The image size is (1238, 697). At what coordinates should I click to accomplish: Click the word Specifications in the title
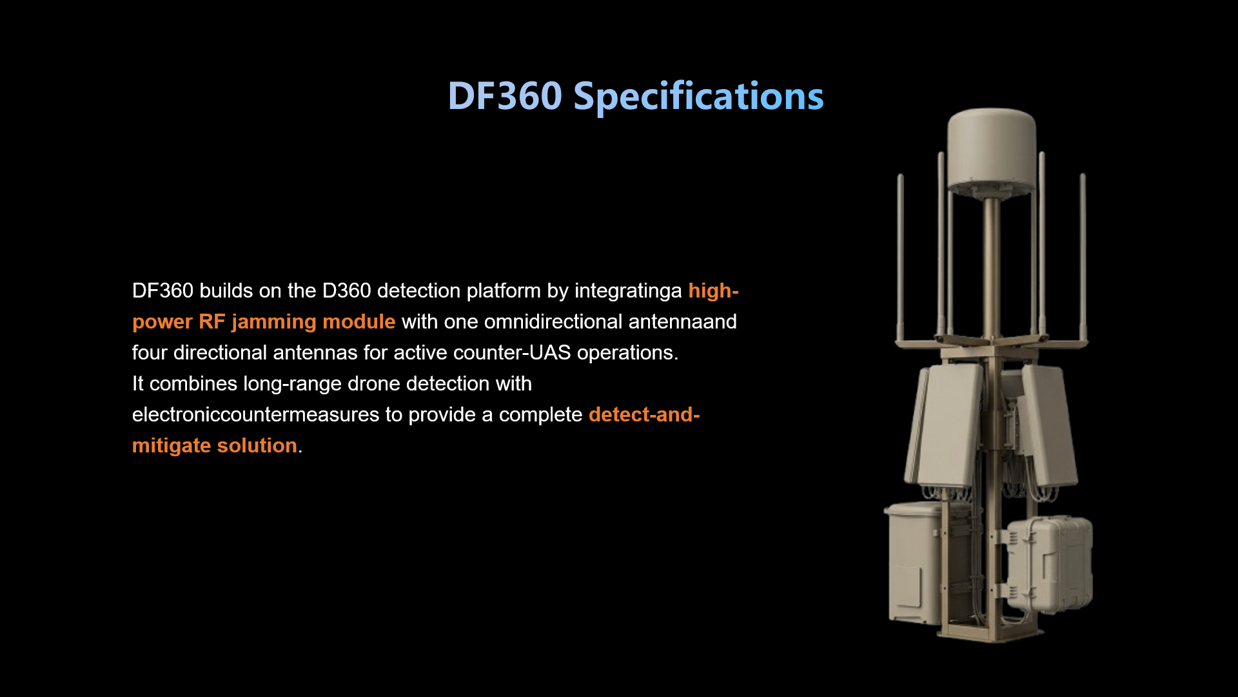click(x=698, y=97)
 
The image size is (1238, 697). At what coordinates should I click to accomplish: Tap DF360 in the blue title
click(x=505, y=96)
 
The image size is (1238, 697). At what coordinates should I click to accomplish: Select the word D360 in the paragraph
click(x=346, y=290)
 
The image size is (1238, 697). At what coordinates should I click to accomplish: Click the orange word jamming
click(x=273, y=322)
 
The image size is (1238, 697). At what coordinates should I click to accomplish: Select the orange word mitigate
click(x=171, y=446)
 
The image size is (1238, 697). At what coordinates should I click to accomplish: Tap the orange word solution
click(x=257, y=445)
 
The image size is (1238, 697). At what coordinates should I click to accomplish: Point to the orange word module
click(x=359, y=321)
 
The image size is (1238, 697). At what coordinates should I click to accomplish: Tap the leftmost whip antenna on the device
click(x=900, y=258)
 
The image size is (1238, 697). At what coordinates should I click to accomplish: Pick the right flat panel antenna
click(x=1048, y=426)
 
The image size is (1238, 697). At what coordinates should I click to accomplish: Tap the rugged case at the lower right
click(x=1050, y=564)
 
